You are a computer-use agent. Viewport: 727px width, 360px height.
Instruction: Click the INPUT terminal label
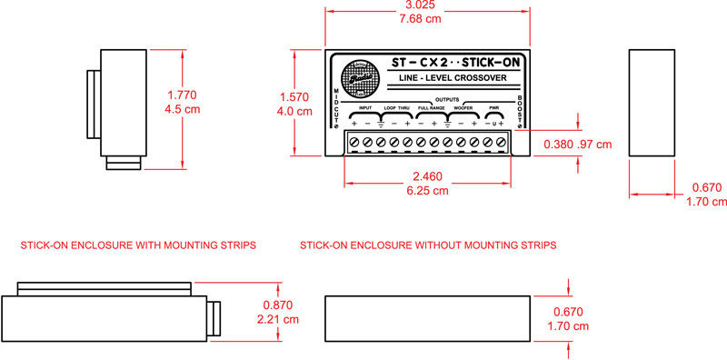[365, 108]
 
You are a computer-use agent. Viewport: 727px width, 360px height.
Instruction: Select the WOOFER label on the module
[463, 108]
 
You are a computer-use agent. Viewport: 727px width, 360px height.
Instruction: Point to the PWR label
[494, 108]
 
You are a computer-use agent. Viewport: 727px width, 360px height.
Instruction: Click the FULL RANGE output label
[431, 108]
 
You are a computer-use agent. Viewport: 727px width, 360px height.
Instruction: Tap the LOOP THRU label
[397, 108]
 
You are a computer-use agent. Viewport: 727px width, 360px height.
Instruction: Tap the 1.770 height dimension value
[183, 95]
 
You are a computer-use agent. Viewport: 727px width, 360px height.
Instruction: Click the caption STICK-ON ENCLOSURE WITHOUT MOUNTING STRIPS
[428, 245]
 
